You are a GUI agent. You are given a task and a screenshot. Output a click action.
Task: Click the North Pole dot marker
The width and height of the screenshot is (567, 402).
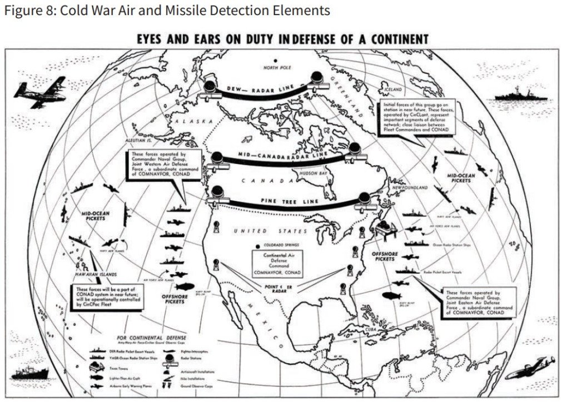pyautogui.click(x=275, y=61)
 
